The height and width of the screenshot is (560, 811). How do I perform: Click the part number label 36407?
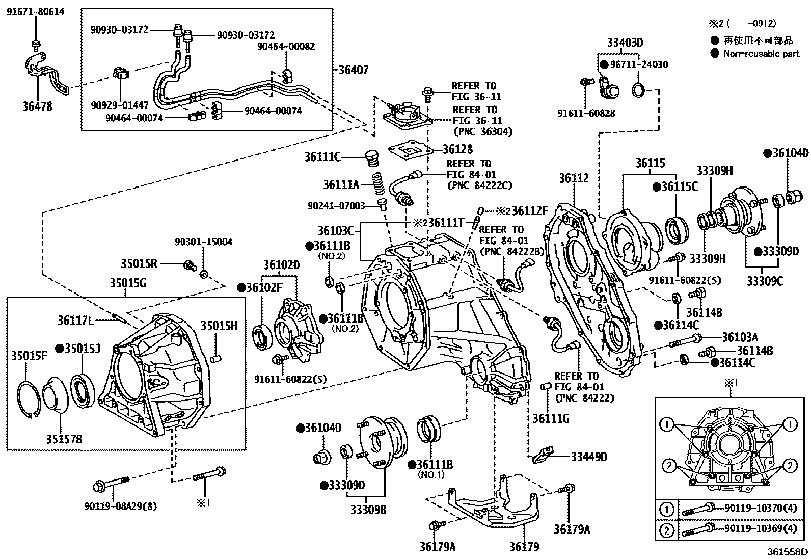[353, 70]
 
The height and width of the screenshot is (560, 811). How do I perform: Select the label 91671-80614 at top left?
[35, 12]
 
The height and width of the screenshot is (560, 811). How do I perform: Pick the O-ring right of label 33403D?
[639, 91]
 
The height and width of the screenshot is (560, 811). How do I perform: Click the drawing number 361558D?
[789, 551]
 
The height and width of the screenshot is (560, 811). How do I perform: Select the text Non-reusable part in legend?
[761, 53]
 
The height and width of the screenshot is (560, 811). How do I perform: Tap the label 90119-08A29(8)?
[120, 506]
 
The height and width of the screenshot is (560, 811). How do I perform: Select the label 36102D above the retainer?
[281, 265]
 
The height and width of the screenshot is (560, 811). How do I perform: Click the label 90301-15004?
[203, 242]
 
